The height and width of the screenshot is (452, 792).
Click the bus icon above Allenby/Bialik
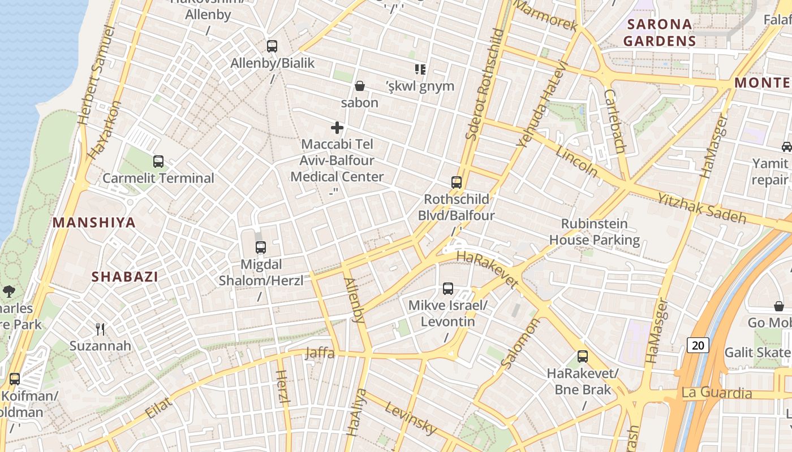click(272, 46)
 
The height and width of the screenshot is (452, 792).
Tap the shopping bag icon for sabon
click(359, 86)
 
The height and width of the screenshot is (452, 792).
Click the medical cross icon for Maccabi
click(337, 128)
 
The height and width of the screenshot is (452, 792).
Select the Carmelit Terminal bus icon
click(158, 162)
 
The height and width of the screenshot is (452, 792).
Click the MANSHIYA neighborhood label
click(94, 223)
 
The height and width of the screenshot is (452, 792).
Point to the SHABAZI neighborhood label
click(125, 277)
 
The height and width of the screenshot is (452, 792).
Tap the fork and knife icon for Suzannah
click(100, 329)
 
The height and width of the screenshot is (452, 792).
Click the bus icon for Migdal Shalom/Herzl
click(260, 247)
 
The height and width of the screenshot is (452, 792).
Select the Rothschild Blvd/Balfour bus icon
click(457, 182)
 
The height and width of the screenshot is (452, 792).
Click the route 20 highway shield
click(698, 345)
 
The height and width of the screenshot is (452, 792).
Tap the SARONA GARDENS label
click(659, 32)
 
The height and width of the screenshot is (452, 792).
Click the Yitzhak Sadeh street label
click(701, 207)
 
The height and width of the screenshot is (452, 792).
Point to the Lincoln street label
click(576, 161)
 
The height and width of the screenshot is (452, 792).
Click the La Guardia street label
click(717, 393)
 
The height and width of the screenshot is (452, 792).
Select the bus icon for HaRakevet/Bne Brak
click(583, 357)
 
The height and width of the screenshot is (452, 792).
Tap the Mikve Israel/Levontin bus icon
click(448, 289)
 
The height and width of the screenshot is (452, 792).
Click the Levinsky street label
click(411, 419)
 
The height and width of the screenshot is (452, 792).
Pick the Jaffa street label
click(320, 354)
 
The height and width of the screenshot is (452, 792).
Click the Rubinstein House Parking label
click(594, 232)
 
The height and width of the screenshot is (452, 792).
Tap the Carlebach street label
click(614, 121)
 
